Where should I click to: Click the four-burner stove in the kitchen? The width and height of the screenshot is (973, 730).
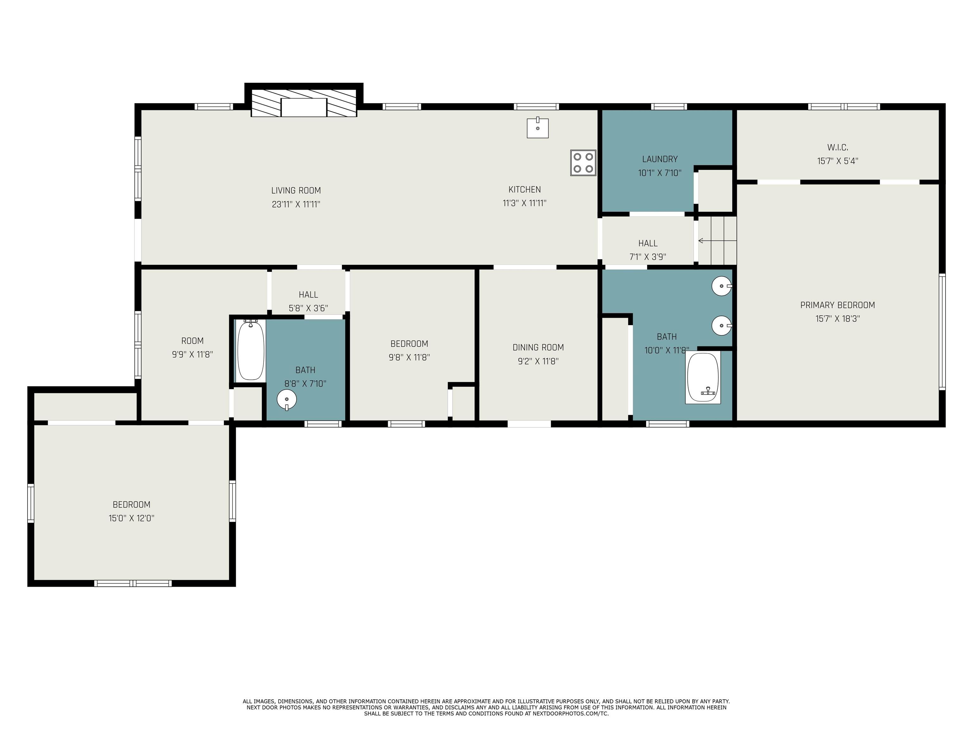coord(583,163)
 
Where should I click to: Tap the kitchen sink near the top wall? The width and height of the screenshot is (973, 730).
coord(537,128)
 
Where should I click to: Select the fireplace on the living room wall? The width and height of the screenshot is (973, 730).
coord(304,100)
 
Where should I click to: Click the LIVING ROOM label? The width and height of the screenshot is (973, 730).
coord(296,190)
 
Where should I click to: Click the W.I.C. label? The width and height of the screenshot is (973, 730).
coord(837,147)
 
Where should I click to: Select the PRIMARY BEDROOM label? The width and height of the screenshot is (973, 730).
coord(837,305)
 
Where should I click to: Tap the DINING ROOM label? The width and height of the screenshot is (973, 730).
coord(538,347)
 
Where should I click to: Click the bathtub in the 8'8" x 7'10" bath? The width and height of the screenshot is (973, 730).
coord(251,350)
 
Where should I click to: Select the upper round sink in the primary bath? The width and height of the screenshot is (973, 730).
coord(722,286)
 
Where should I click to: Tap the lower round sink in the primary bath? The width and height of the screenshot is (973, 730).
coord(722,326)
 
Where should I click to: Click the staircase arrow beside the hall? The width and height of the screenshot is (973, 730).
coord(717,241)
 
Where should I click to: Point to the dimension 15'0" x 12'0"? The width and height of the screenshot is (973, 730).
coord(131,518)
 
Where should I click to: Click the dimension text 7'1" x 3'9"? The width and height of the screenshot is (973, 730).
coord(648,257)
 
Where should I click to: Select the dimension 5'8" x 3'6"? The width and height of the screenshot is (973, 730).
coord(308,308)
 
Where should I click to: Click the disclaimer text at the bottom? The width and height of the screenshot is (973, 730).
coord(486,708)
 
